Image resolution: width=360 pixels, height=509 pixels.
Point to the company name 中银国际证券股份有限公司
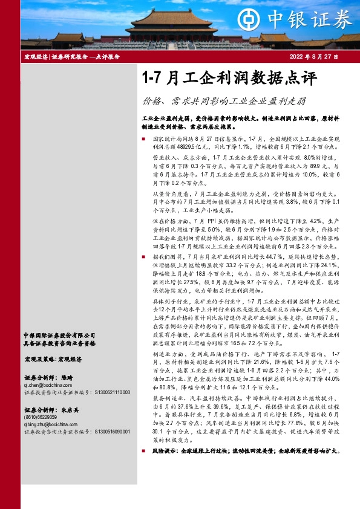(x=59, y=335)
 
